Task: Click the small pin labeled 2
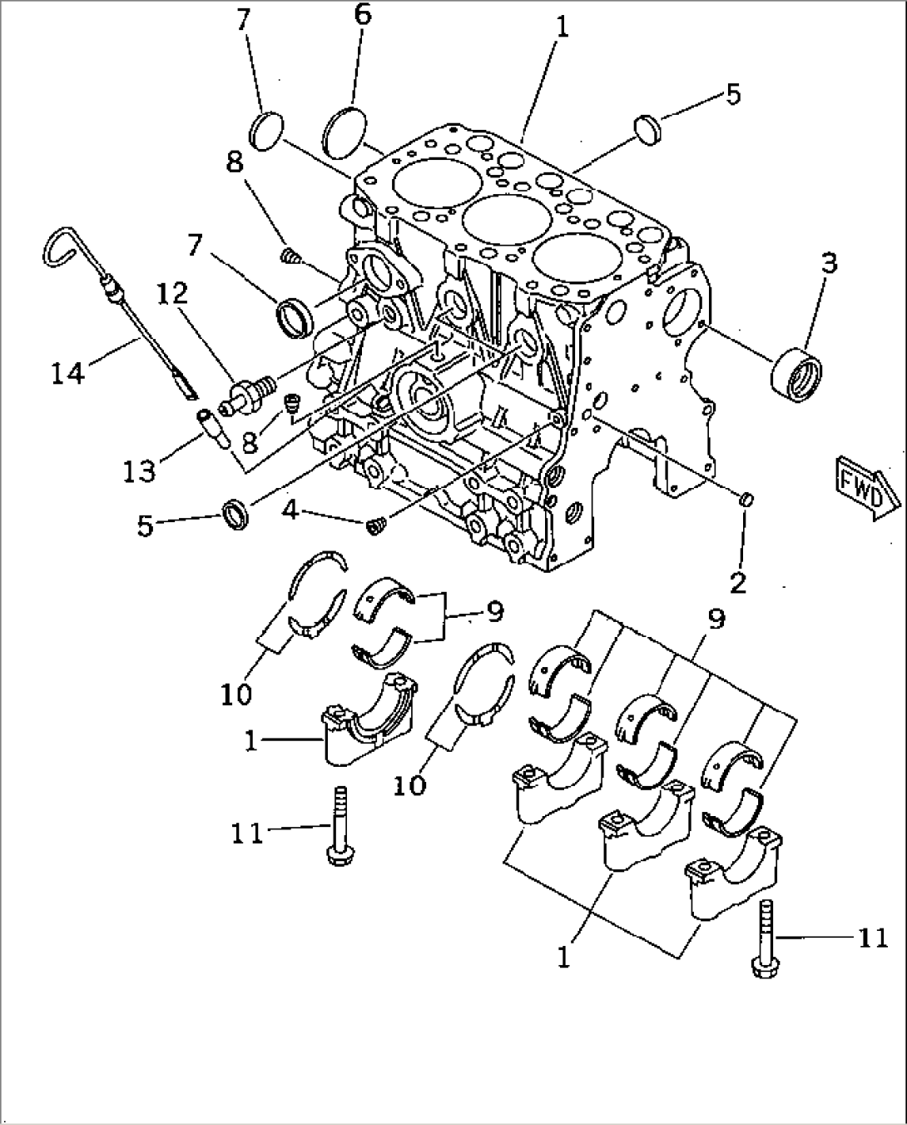[x=746, y=499]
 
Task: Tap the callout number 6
[x=363, y=15]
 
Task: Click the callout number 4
[x=290, y=509]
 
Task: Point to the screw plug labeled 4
[x=375, y=526]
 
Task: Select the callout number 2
[x=737, y=581]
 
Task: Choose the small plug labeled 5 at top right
[x=647, y=127]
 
